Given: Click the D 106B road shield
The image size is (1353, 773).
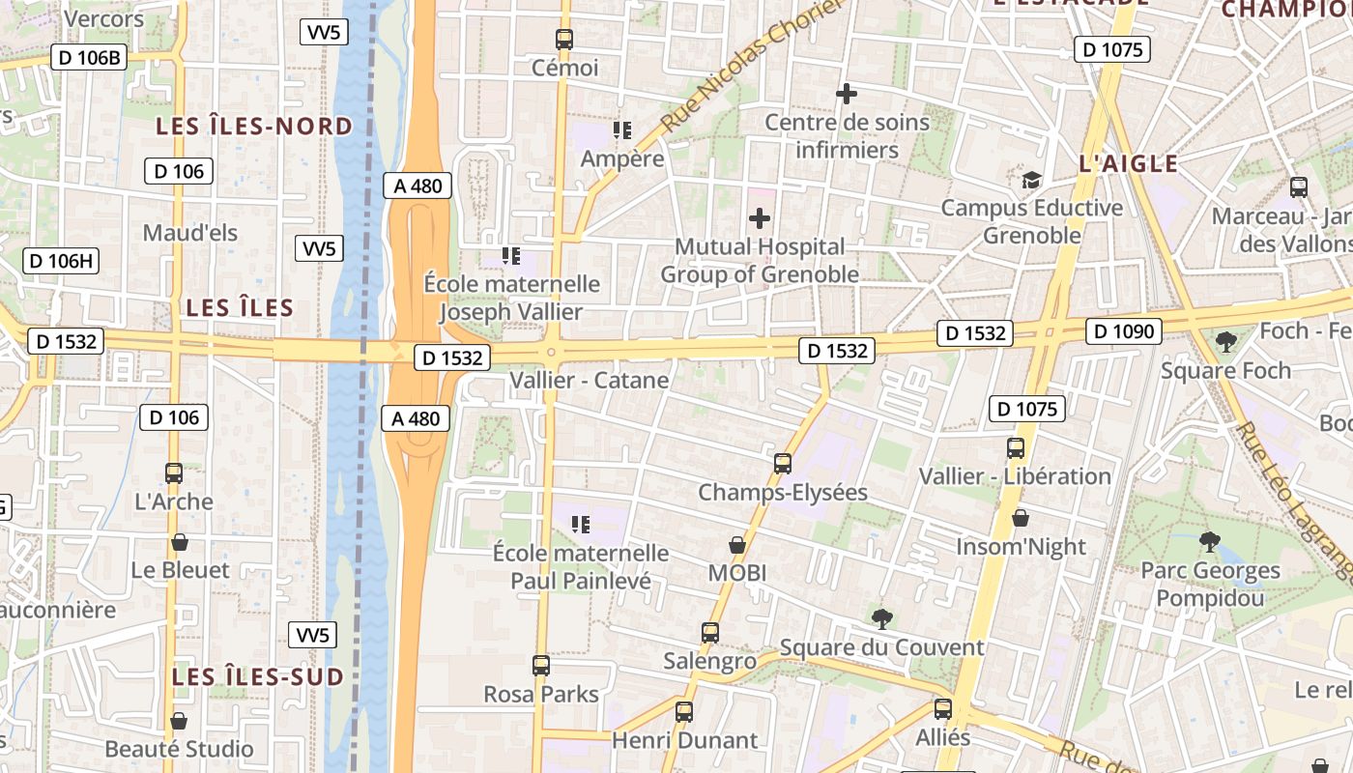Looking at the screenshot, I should tap(90, 57).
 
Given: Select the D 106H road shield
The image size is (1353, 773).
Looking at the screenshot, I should tap(61, 260).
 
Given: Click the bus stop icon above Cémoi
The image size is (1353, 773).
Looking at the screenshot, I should tap(564, 40).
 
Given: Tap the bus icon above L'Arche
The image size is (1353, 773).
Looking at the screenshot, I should tap(174, 473).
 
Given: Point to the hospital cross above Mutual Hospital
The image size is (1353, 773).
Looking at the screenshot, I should tap(760, 218).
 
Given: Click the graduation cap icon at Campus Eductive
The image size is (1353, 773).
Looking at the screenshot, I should tap(1031, 181).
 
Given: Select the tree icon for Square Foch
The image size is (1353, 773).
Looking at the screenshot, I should tap(1225, 341).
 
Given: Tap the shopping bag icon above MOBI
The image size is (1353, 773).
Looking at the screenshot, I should tap(737, 545).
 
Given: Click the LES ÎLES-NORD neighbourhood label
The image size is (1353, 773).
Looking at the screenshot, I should tap(255, 127).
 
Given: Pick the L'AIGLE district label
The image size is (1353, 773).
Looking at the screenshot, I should tap(1128, 163).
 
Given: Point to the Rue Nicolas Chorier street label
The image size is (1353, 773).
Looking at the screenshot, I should tap(750, 66).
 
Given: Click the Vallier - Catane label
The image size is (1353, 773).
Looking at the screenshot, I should tap(589, 380).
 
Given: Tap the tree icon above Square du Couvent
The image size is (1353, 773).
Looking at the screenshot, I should tap(880, 618).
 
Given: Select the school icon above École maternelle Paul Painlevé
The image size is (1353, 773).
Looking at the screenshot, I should tap(580, 525).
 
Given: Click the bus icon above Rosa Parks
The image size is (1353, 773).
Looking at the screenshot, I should tap(541, 666).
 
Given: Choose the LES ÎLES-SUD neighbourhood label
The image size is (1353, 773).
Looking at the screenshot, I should tap(258, 677).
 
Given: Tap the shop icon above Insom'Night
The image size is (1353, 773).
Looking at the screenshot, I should tap(1021, 519).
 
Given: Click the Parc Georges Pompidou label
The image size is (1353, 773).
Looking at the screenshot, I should tap(1210, 585).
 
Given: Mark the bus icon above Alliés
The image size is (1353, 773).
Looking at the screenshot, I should tap(943, 709).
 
